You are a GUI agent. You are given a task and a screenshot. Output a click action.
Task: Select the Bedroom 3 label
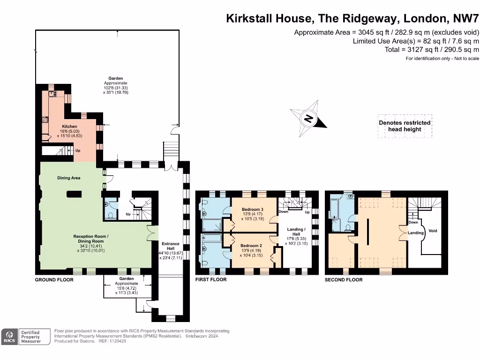pyautogui.click(x=252, y=209)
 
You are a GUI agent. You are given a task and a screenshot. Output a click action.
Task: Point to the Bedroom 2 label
pyautogui.click(x=251, y=246)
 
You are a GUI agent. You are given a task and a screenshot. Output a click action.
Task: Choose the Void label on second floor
pyautogui.click(x=433, y=231)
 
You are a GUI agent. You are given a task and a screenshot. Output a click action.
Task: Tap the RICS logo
pyautogui.click(x=9, y=336)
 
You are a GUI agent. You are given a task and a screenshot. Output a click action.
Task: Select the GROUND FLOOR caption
pyautogui.click(x=54, y=280)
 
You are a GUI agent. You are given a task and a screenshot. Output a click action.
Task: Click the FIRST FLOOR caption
pyautogui.click(x=211, y=280)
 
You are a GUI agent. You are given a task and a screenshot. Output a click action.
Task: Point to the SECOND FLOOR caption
pyautogui.click(x=344, y=280)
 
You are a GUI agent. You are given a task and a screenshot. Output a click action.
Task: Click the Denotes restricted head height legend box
pyautogui.click(x=405, y=126)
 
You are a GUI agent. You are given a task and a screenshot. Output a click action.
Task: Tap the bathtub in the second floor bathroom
pyautogui.click(x=334, y=209)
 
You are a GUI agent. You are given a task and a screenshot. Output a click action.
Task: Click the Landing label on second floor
pyautogui.click(x=415, y=232)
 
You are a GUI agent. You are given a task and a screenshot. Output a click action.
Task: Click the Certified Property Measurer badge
pyautogui.click(x=30, y=337)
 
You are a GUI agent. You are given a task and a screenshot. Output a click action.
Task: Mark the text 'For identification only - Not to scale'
pyautogui.click(x=442, y=58)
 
